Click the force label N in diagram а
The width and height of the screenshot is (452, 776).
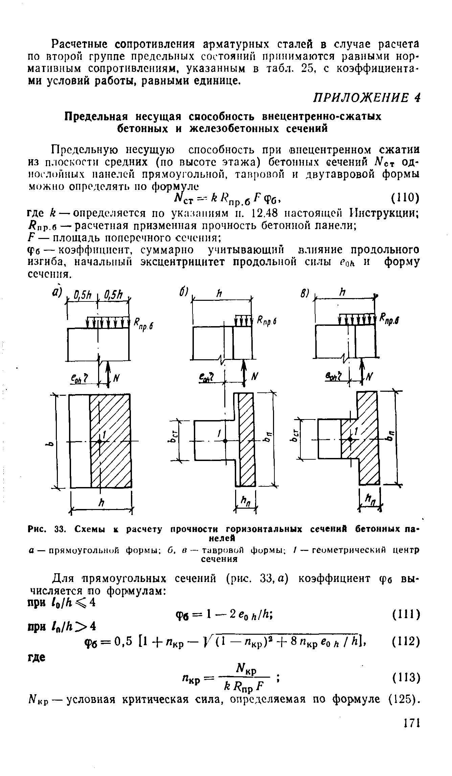click(117, 379)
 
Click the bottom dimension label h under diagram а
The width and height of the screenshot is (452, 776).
click(100, 503)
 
